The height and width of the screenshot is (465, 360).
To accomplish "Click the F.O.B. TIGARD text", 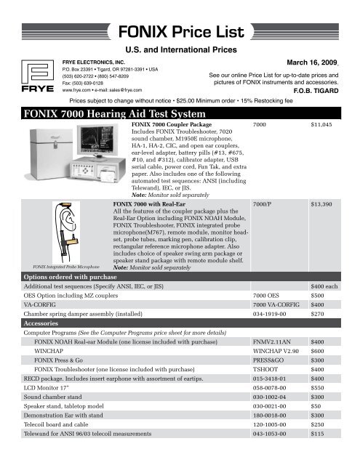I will (327, 92).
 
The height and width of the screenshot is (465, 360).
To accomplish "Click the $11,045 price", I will (321, 126).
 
